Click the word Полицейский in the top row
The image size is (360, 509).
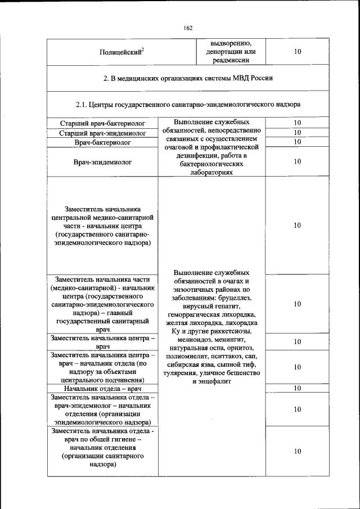pyautogui.click(x=120, y=52)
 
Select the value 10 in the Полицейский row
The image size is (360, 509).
pyautogui.click(x=298, y=52)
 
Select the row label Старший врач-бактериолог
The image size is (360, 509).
pyautogui.click(x=102, y=123)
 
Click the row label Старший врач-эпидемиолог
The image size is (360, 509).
pyautogui.click(x=102, y=133)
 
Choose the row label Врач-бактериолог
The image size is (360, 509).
pyautogui.click(x=102, y=143)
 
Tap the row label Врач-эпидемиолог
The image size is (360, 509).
pyautogui.click(x=102, y=162)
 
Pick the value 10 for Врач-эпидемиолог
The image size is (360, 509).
pyautogui.click(x=298, y=162)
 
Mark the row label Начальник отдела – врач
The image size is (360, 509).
pyautogui.click(x=102, y=388)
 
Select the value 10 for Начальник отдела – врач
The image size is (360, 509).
pyautogui.click(x=298, y=388)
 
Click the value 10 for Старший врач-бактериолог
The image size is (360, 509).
pyautogui.click(x=298, y=123)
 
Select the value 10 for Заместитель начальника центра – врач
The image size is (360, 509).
pyautogui.click(x=298, y=341)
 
